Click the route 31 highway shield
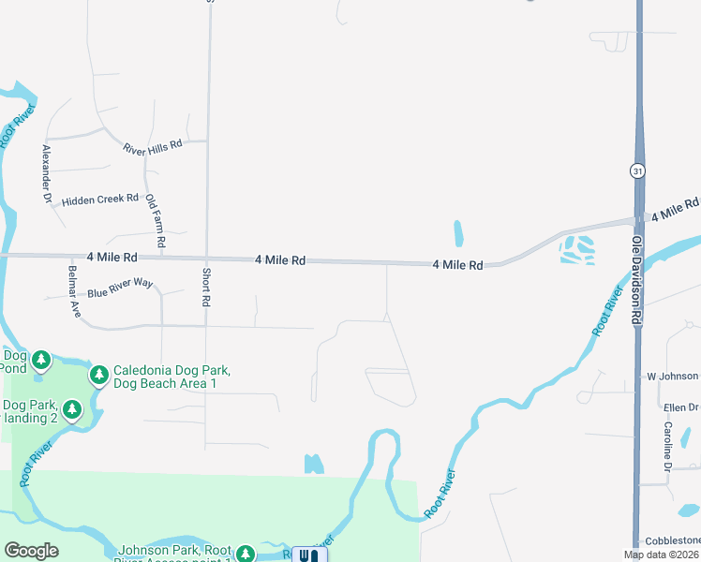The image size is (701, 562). click(x=637, y=170)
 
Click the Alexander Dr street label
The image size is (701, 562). click(x=44, y=174)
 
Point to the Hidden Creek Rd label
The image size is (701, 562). click(x=100, y=200)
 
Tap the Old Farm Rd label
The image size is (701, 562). click(x=157, y=221)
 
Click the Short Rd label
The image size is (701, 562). click(x=205, y=288)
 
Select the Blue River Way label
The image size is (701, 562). click(x=120, y=292)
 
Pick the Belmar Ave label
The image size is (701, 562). click(x=71, y=289)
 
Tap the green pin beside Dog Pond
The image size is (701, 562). click(x=40, y=360)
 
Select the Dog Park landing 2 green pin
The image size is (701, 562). click(x=72, y=409)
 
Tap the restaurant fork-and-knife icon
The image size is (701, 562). click(x=309, y=555)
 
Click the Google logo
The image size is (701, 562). click(x=31, y=551)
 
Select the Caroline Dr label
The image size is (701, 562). click(x=667, y=447)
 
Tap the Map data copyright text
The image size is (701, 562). click(x=662, y=555)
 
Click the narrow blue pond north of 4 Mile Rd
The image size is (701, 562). click(x=458, y=233)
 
